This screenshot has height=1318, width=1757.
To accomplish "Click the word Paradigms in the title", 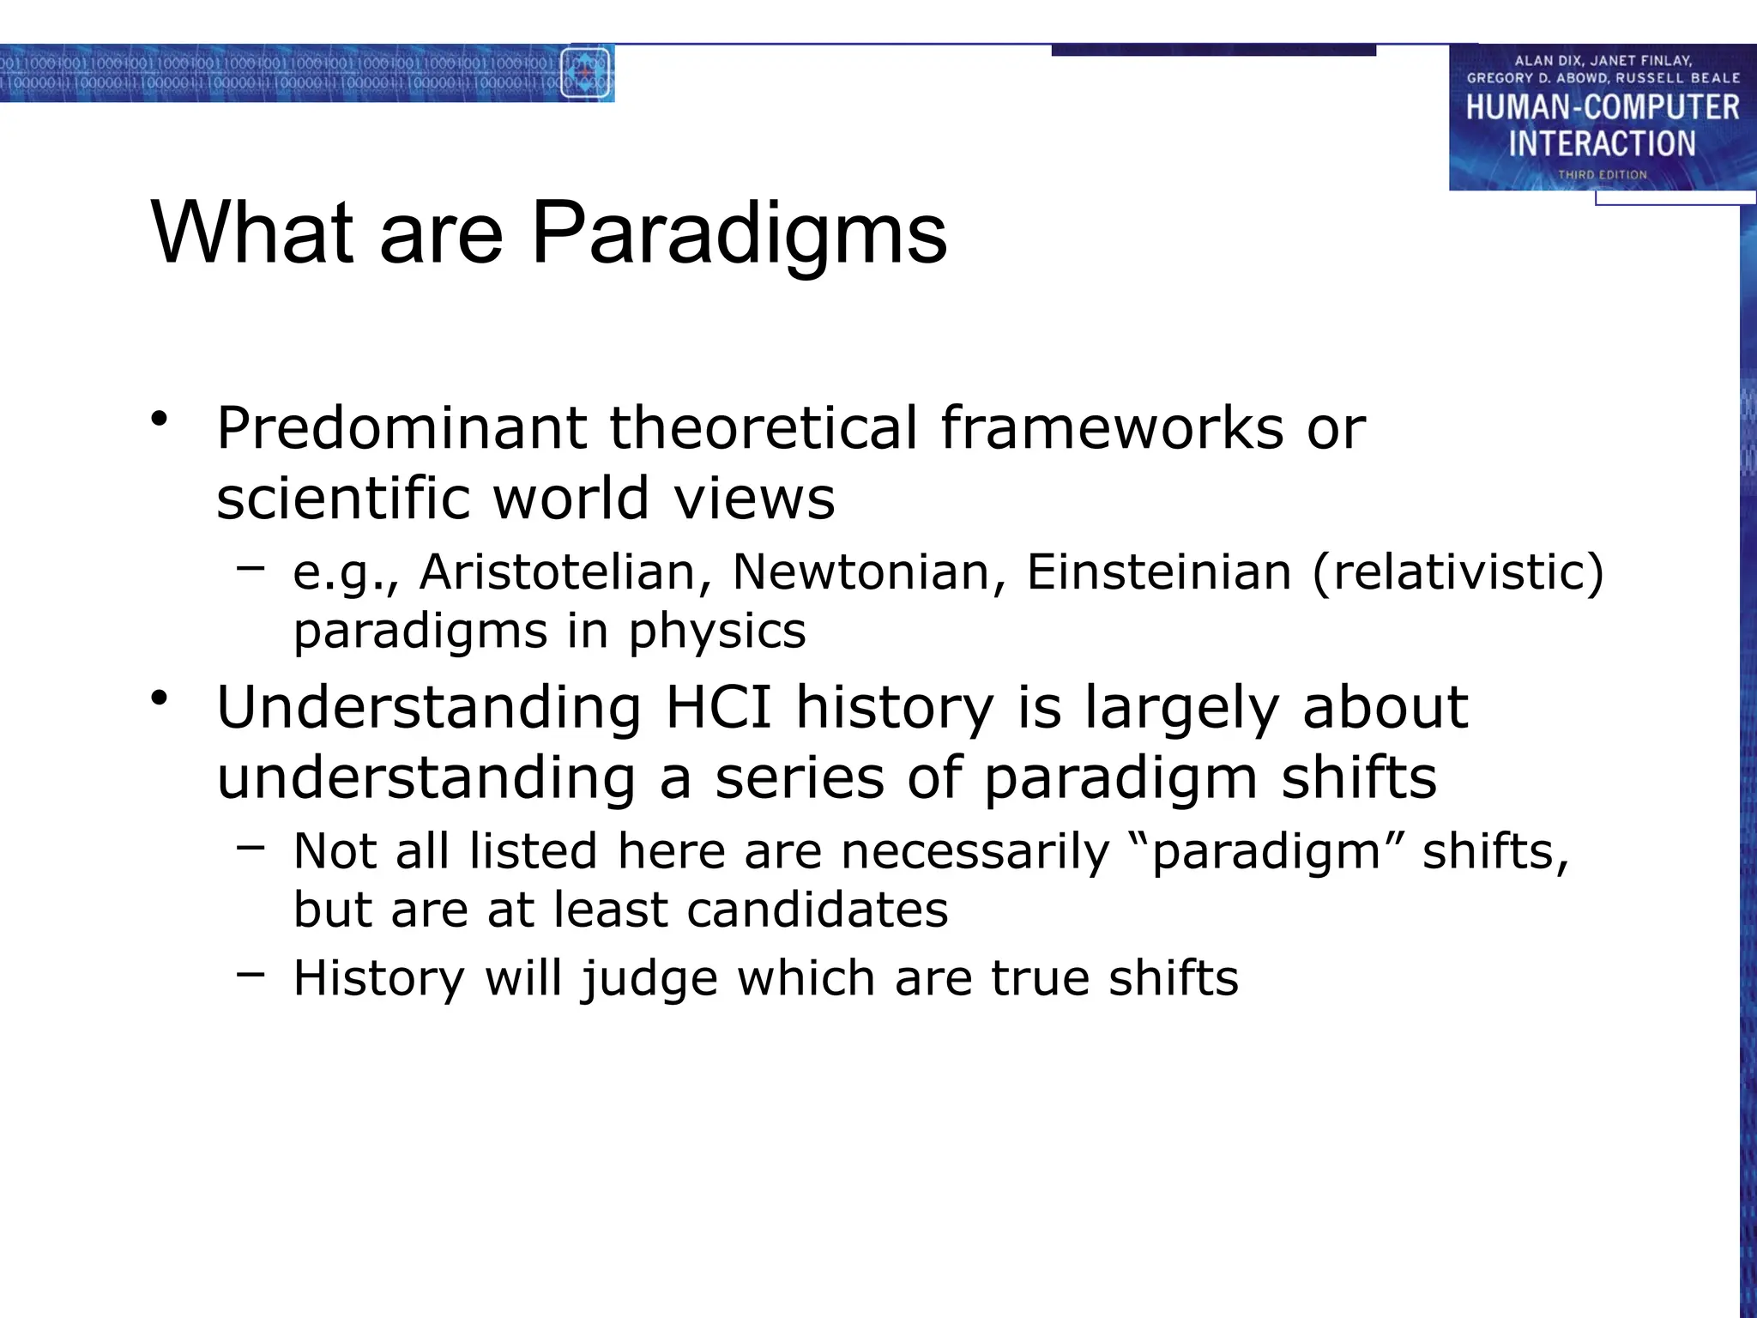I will coord(739,233).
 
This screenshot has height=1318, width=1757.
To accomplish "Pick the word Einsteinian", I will coord(1158,572).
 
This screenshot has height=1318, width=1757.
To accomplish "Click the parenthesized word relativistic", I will coord(1458,572).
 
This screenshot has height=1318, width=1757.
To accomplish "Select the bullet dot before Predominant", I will coord(158,420).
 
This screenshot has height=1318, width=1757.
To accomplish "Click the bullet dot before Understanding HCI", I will coord(158,698).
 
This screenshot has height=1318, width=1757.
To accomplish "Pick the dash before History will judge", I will coord(251,974).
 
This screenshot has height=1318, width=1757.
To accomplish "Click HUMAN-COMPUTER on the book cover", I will coord(1602,107).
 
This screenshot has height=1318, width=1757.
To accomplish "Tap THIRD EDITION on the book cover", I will coord(1602,174).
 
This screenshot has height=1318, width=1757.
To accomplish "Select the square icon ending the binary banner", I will coord(585,73).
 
